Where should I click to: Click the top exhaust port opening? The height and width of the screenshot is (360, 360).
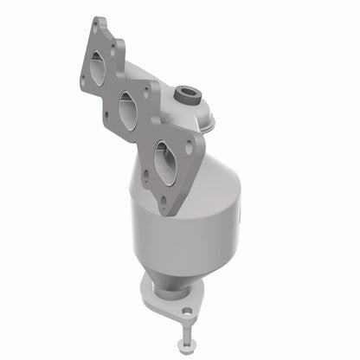pyautogui.click(x=97, y=67)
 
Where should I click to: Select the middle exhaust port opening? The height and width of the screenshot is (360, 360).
pyautogui.click(x=127, y=112)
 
